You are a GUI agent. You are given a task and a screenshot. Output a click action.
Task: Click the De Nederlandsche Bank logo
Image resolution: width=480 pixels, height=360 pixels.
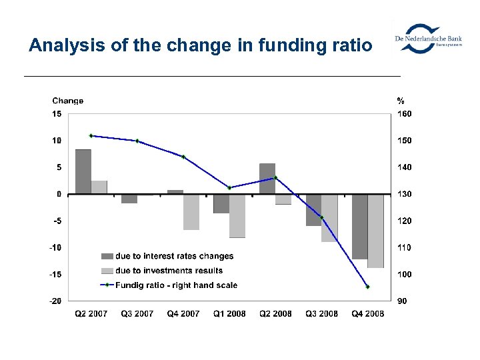427,39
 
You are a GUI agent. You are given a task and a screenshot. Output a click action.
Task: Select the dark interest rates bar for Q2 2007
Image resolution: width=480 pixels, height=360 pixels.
83,171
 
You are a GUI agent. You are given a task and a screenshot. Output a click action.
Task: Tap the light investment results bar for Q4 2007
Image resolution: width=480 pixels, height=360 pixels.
191,212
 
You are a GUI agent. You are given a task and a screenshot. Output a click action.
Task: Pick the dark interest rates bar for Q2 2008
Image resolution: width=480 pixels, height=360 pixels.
267,179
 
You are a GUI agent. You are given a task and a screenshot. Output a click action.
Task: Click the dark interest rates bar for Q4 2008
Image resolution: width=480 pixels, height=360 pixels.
359,227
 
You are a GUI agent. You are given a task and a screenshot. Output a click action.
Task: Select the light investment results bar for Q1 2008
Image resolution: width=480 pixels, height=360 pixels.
237,216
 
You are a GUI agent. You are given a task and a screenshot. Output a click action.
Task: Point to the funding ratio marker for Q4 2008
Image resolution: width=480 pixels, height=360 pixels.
367,287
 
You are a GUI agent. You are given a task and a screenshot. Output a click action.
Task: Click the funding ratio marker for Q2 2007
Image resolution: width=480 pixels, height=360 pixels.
91,136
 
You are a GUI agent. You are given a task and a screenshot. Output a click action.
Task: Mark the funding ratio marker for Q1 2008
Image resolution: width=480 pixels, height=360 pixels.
229,188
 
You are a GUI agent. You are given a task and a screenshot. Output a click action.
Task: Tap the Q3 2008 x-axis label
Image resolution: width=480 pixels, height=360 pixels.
321,314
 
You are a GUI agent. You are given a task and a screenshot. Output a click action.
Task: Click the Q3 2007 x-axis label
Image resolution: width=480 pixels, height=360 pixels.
137,314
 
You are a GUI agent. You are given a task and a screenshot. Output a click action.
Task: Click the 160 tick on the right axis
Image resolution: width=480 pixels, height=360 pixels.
404,114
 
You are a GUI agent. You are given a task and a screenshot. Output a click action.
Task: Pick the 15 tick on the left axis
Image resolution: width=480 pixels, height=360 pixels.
57,114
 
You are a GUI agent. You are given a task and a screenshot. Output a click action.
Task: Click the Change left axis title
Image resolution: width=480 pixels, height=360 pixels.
68,101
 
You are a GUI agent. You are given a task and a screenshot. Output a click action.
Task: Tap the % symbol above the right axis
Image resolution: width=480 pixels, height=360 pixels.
400,101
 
